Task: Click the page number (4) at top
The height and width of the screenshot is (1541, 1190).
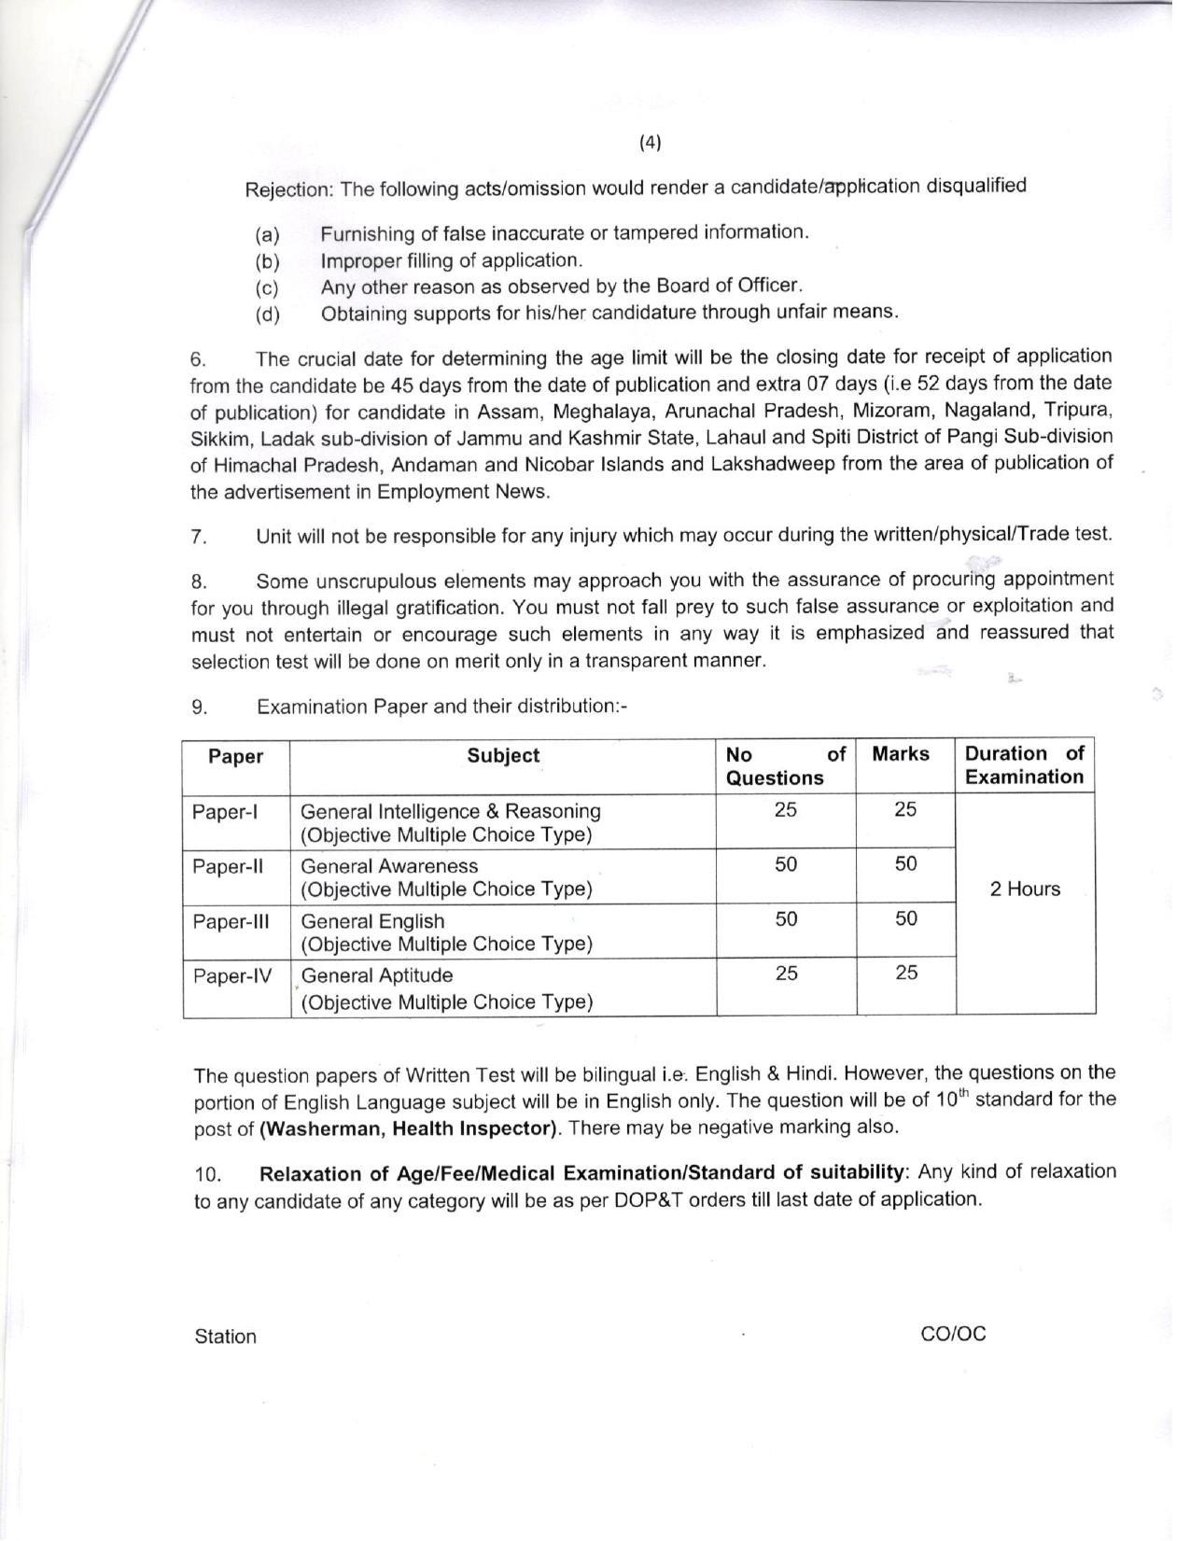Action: (651, 142)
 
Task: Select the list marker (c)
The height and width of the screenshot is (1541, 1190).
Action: (268, 288)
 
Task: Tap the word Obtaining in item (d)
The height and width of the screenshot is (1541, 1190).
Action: (361, 314)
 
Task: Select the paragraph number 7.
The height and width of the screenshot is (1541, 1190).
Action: (198, 537)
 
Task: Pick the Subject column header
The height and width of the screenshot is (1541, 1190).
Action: (503, 756)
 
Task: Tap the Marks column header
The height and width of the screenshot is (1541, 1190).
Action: (901, 754)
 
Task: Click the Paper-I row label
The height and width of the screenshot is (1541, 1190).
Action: (225, 812)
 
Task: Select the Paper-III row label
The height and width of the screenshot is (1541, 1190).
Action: (231, 922)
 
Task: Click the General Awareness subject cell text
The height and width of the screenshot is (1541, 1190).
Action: (389, 866)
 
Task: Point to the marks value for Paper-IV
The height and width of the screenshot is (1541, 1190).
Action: (906, 974)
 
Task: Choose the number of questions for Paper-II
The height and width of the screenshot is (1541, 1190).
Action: (786, 865)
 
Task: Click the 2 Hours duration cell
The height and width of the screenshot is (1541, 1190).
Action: (1025, 890)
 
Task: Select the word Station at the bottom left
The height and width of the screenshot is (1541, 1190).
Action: (225, 1337)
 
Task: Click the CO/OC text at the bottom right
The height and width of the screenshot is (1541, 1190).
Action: (952, 1334)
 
